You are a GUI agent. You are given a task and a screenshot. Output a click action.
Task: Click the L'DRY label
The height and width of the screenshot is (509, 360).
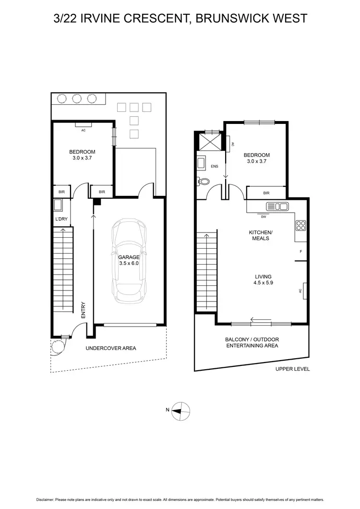tap(61, 219)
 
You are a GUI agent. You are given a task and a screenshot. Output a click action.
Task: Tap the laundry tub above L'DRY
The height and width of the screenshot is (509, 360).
tap(58, 206)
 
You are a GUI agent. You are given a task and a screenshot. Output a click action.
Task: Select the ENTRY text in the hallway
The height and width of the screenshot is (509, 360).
tap(83, 310)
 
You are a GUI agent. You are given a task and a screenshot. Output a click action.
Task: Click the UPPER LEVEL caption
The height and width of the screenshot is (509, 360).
tap(292, 369)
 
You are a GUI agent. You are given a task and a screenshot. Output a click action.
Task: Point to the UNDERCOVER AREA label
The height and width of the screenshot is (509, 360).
tap(111, 348)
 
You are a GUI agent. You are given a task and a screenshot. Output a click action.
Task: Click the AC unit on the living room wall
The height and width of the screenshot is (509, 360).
tap(304, 291)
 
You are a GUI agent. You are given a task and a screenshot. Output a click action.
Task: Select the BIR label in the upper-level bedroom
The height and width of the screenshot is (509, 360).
tap(266, 193)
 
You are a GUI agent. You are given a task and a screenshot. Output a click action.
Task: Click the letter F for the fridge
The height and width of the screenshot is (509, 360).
tap(300, 251)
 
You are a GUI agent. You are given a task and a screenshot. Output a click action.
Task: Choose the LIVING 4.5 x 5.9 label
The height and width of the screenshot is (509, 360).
tap(264, 279)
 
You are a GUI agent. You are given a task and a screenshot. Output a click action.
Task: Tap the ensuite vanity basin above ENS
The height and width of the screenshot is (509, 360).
tap(201, 163)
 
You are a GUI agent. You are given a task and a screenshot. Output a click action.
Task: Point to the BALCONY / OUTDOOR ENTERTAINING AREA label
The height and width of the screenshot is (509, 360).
tap(252, 342)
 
